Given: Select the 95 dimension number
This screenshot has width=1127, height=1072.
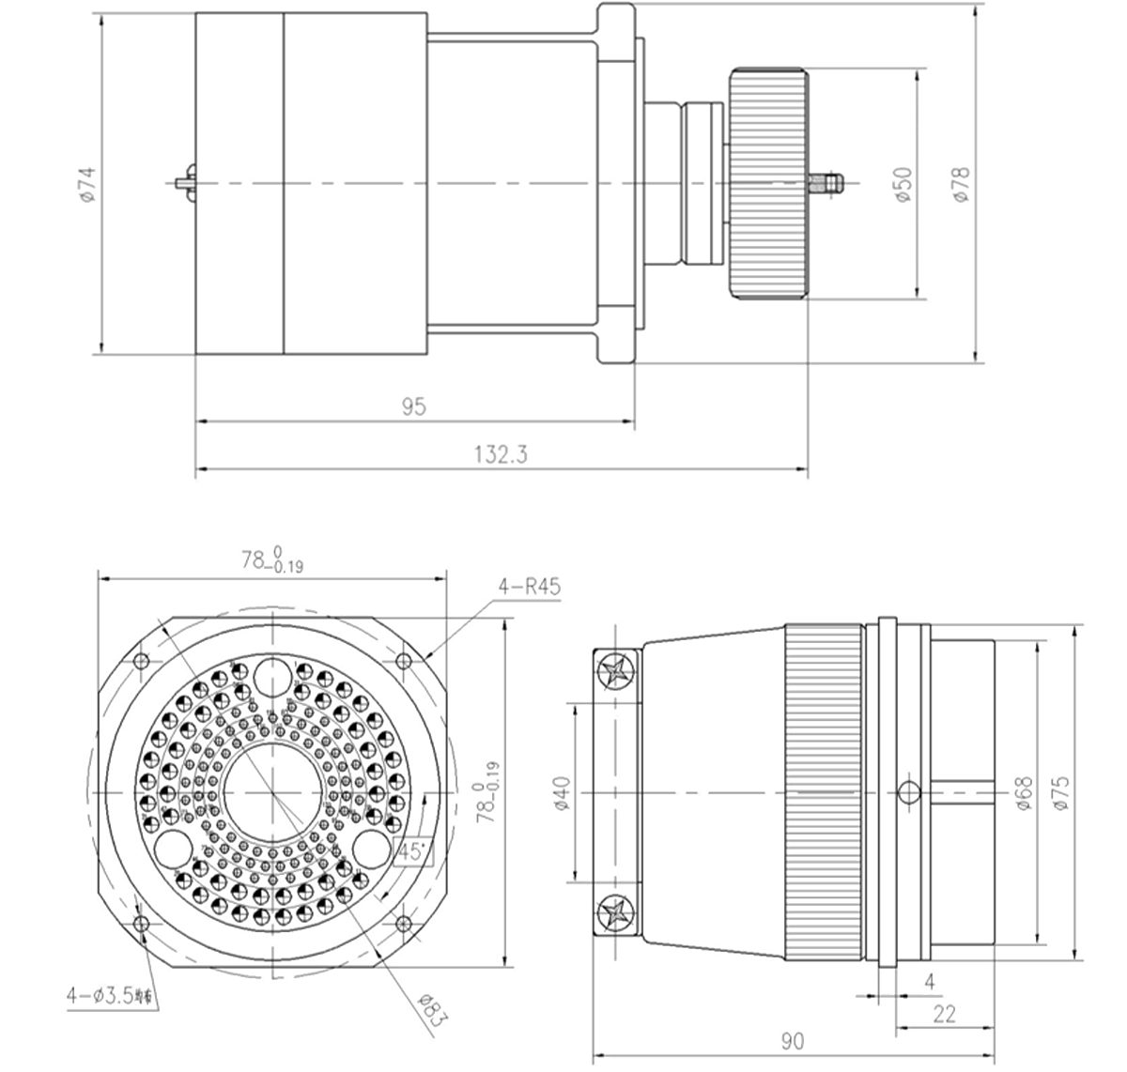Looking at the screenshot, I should point(414,407).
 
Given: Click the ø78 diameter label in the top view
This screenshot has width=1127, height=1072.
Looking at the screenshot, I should point(961,184).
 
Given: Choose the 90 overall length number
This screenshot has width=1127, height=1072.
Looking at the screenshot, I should point(793,1039).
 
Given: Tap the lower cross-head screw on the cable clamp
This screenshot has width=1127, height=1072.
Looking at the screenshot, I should point(616,911).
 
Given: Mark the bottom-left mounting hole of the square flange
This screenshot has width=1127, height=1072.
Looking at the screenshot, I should point(142,925).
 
